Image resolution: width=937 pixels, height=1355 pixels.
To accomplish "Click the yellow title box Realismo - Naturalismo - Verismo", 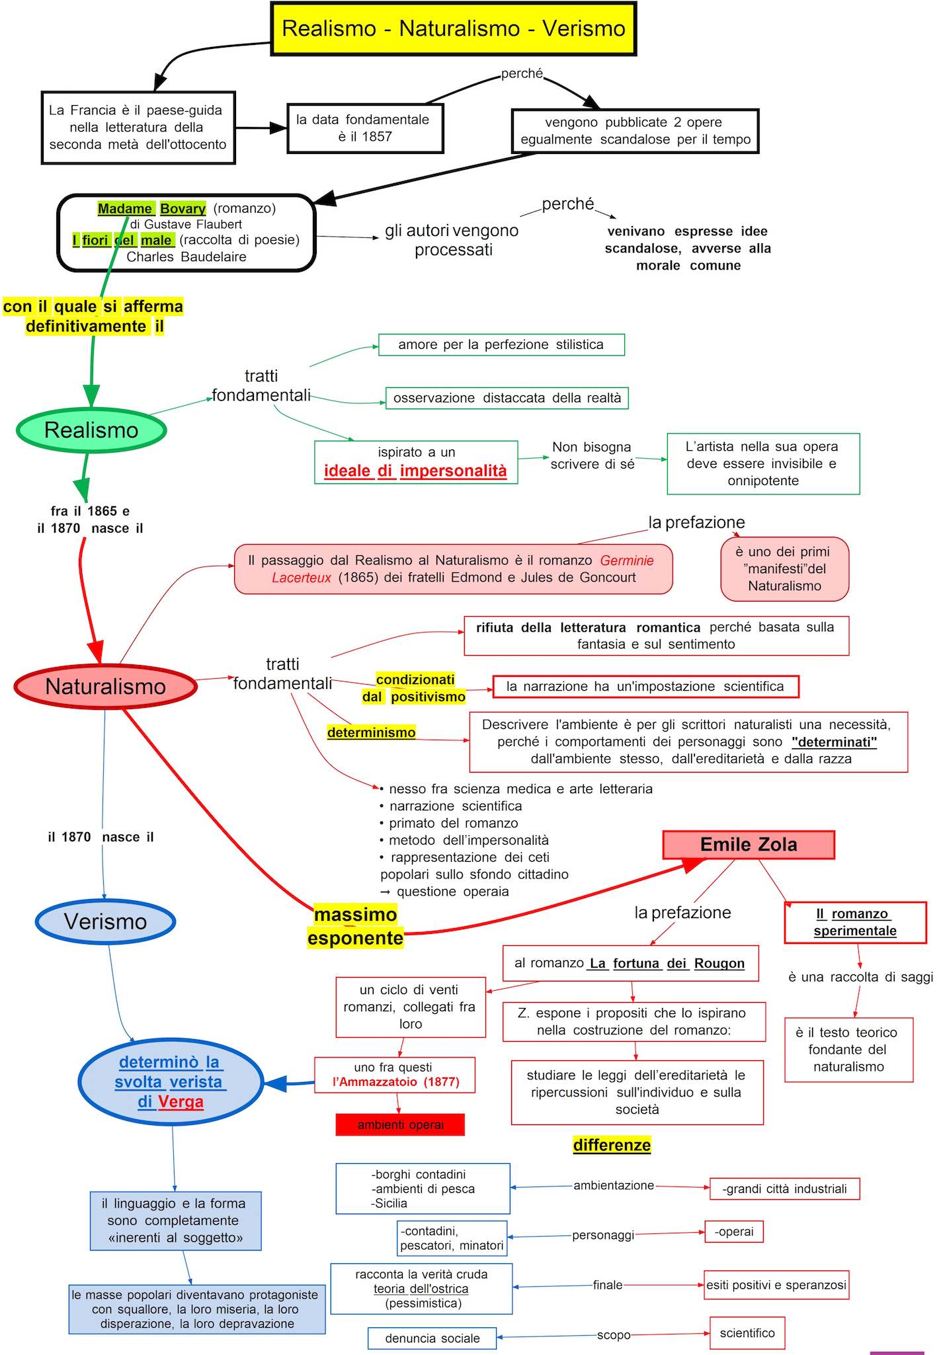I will coord(454,28).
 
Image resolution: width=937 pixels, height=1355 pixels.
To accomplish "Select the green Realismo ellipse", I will coord(91,430).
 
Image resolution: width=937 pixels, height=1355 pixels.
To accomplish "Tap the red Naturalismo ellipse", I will coord(106,686).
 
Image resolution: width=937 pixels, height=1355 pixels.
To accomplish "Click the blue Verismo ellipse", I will coord(105,921).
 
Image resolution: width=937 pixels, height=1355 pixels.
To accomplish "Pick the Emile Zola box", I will coord(749,845).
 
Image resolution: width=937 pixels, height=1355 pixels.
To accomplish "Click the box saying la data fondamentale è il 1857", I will coord(364,128).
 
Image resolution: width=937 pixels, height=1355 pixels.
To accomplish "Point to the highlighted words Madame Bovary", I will coord(151,209).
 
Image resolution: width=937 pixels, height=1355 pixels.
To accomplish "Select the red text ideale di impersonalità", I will coord(415,471).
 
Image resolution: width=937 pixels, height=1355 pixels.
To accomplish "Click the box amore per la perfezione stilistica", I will coord(501,344).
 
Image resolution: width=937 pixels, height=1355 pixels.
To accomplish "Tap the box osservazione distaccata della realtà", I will coord(507,398).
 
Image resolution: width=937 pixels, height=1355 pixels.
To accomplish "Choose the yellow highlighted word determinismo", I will coord(371,732).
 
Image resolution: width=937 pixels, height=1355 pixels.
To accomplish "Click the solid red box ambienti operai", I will coord(400,1124).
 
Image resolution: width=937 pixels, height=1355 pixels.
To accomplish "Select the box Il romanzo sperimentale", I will coord(855,922).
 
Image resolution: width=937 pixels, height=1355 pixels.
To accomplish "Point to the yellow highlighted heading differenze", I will coord(612,1145).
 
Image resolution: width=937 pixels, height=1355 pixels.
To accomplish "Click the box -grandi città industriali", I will coord(784,1188).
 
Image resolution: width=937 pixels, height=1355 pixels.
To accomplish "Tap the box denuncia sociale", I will coord(432,1338).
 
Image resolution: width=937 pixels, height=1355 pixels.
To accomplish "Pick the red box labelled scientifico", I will coord(747,1333).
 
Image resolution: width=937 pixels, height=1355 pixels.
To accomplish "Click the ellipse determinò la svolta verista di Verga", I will coord(171,1081).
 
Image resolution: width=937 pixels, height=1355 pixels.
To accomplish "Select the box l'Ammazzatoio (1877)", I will coord(394,1075).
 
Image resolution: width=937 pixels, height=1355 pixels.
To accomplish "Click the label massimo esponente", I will coord(355,926).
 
